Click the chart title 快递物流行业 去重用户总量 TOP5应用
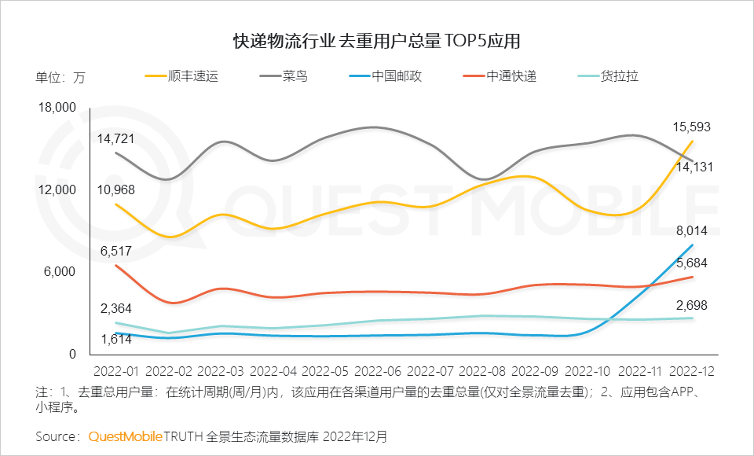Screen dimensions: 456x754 point(377,41)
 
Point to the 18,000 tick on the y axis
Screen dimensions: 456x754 point(56,108)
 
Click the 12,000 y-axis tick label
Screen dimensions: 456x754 point(56,189)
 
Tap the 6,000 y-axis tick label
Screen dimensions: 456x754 point(60,272)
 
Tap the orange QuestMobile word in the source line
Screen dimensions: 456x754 point(126,436)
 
